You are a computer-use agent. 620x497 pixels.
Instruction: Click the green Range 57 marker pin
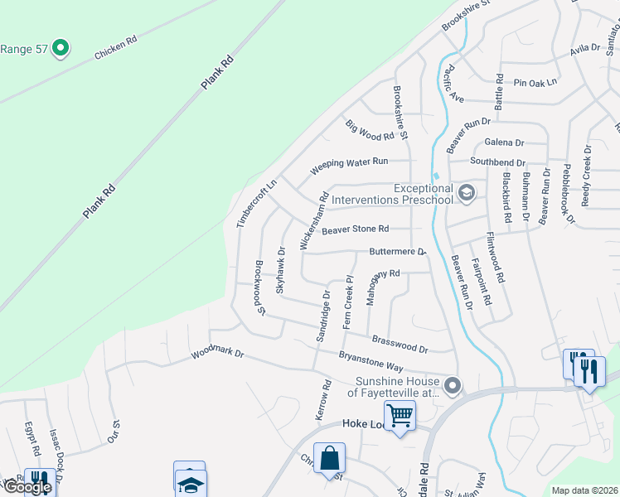coord(60,49)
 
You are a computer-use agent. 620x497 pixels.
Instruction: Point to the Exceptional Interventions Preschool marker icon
coord(466,194)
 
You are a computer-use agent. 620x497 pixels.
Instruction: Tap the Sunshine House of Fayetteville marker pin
coord(453,385)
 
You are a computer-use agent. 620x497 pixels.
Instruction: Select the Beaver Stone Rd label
coord(356,229)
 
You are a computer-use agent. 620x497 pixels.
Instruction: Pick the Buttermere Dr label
coord(397,251)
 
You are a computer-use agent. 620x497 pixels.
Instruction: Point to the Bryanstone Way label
coord(371,361)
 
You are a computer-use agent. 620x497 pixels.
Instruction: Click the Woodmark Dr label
coord(218,353)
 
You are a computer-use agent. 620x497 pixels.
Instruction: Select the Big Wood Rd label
coord(370,130)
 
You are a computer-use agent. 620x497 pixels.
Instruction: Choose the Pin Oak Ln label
coord(535,83)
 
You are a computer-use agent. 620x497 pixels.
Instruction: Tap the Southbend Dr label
coord(497,162)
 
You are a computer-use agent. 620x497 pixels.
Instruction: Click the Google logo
coord(27,487)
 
